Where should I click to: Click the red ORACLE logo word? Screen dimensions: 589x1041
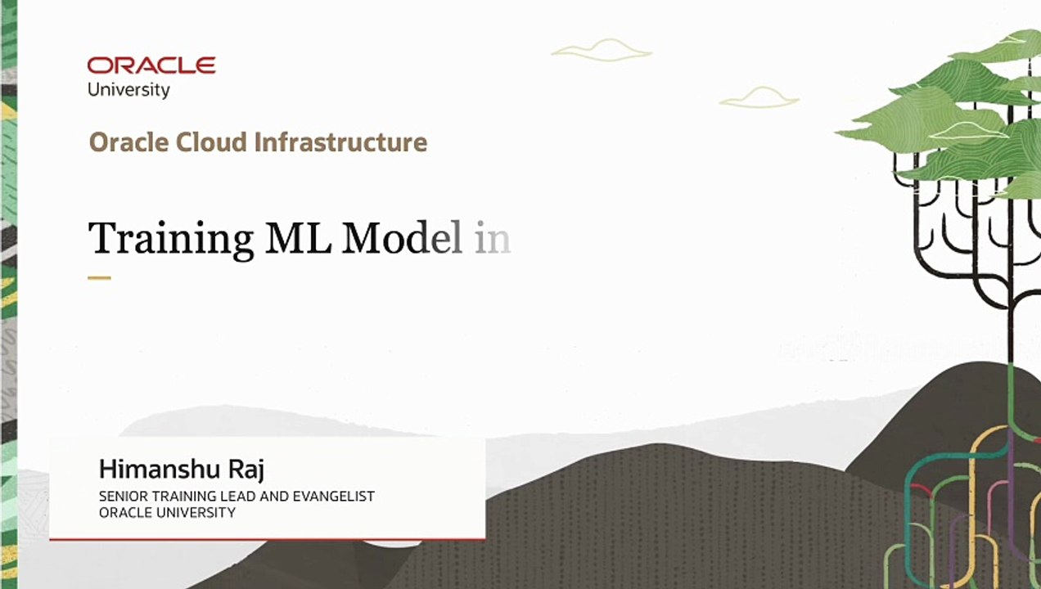click(x=151, y=65)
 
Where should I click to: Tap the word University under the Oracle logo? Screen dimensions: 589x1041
click(x=128, y=90)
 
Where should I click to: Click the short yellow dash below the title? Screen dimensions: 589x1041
click(x=99, y=278)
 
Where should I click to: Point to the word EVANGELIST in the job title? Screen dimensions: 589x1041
click(x=338, y=497)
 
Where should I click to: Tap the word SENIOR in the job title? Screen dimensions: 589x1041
click(x=122, y=497)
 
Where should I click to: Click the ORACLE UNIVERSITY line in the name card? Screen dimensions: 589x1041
click(x=167, y=513)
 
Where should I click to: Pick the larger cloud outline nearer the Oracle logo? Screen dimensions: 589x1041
click(x=602, y=51)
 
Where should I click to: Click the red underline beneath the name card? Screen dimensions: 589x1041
click(x=267, y=538)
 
